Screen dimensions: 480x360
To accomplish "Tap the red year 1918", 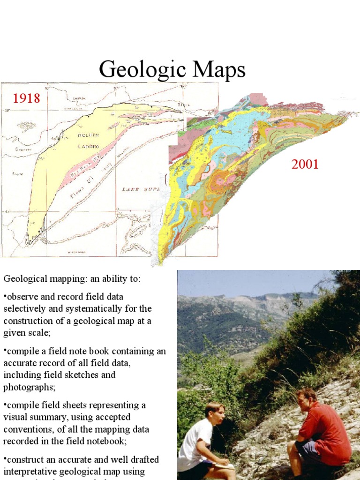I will point(26,98).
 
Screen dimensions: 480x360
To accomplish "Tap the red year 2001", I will point(305,165).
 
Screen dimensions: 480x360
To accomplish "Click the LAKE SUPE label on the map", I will point(141,189).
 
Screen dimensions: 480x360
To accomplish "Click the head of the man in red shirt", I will point(307,399).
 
